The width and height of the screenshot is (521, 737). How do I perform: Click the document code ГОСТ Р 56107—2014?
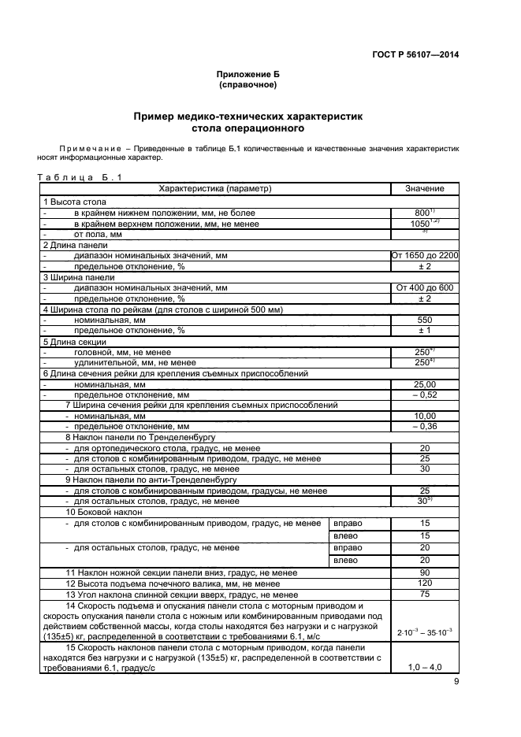(415, 54)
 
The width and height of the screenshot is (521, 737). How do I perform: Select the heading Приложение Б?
(248, 74)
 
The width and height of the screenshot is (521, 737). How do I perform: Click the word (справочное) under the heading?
(248, 84)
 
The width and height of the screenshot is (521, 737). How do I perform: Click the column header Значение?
(424, 189)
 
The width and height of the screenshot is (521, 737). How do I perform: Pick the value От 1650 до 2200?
(425, 256)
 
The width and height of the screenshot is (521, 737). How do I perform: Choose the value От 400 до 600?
(424, 288)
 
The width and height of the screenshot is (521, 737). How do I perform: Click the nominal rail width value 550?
(424, 320)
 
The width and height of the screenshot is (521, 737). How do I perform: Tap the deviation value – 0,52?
(424, 394)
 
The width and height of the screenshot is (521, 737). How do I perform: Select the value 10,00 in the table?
(424, 416)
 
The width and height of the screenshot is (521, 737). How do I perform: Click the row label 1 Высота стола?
(75, 202)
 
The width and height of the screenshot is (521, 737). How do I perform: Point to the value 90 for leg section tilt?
(424, 572)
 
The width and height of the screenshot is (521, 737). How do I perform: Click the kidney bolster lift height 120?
(424, 583)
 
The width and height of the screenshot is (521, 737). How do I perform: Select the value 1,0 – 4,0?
(424, 667)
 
